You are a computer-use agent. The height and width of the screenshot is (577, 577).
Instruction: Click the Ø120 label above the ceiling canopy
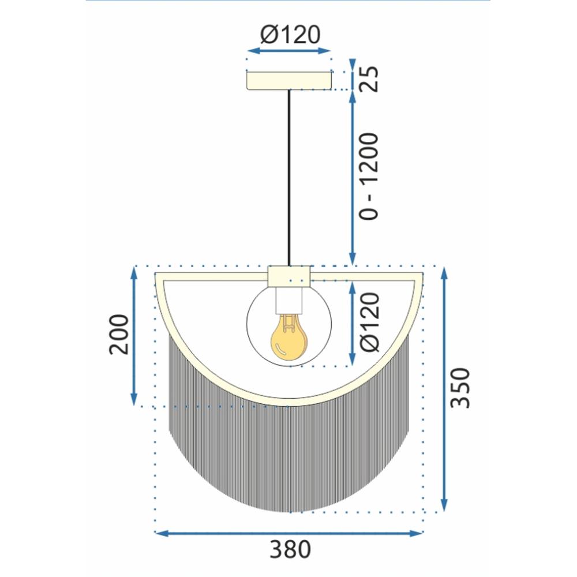coord(290,36)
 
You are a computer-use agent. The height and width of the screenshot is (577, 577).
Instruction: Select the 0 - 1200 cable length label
coord(369,176)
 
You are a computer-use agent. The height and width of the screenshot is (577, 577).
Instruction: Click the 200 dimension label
coord(118,335)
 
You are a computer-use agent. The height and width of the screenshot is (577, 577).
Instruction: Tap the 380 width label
coord(290,549)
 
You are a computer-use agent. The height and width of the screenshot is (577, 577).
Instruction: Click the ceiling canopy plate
coord(290,80)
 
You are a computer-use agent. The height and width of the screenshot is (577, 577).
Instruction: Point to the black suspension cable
coord(290,173)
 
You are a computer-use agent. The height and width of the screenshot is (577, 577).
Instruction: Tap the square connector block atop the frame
coord(290,275)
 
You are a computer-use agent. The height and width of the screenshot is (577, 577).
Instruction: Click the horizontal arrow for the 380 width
coord(290,533)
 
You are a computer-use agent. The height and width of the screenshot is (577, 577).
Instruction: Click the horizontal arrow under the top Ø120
coord(290,51)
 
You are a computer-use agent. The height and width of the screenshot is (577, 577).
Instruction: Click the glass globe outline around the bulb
coord(249,323)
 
